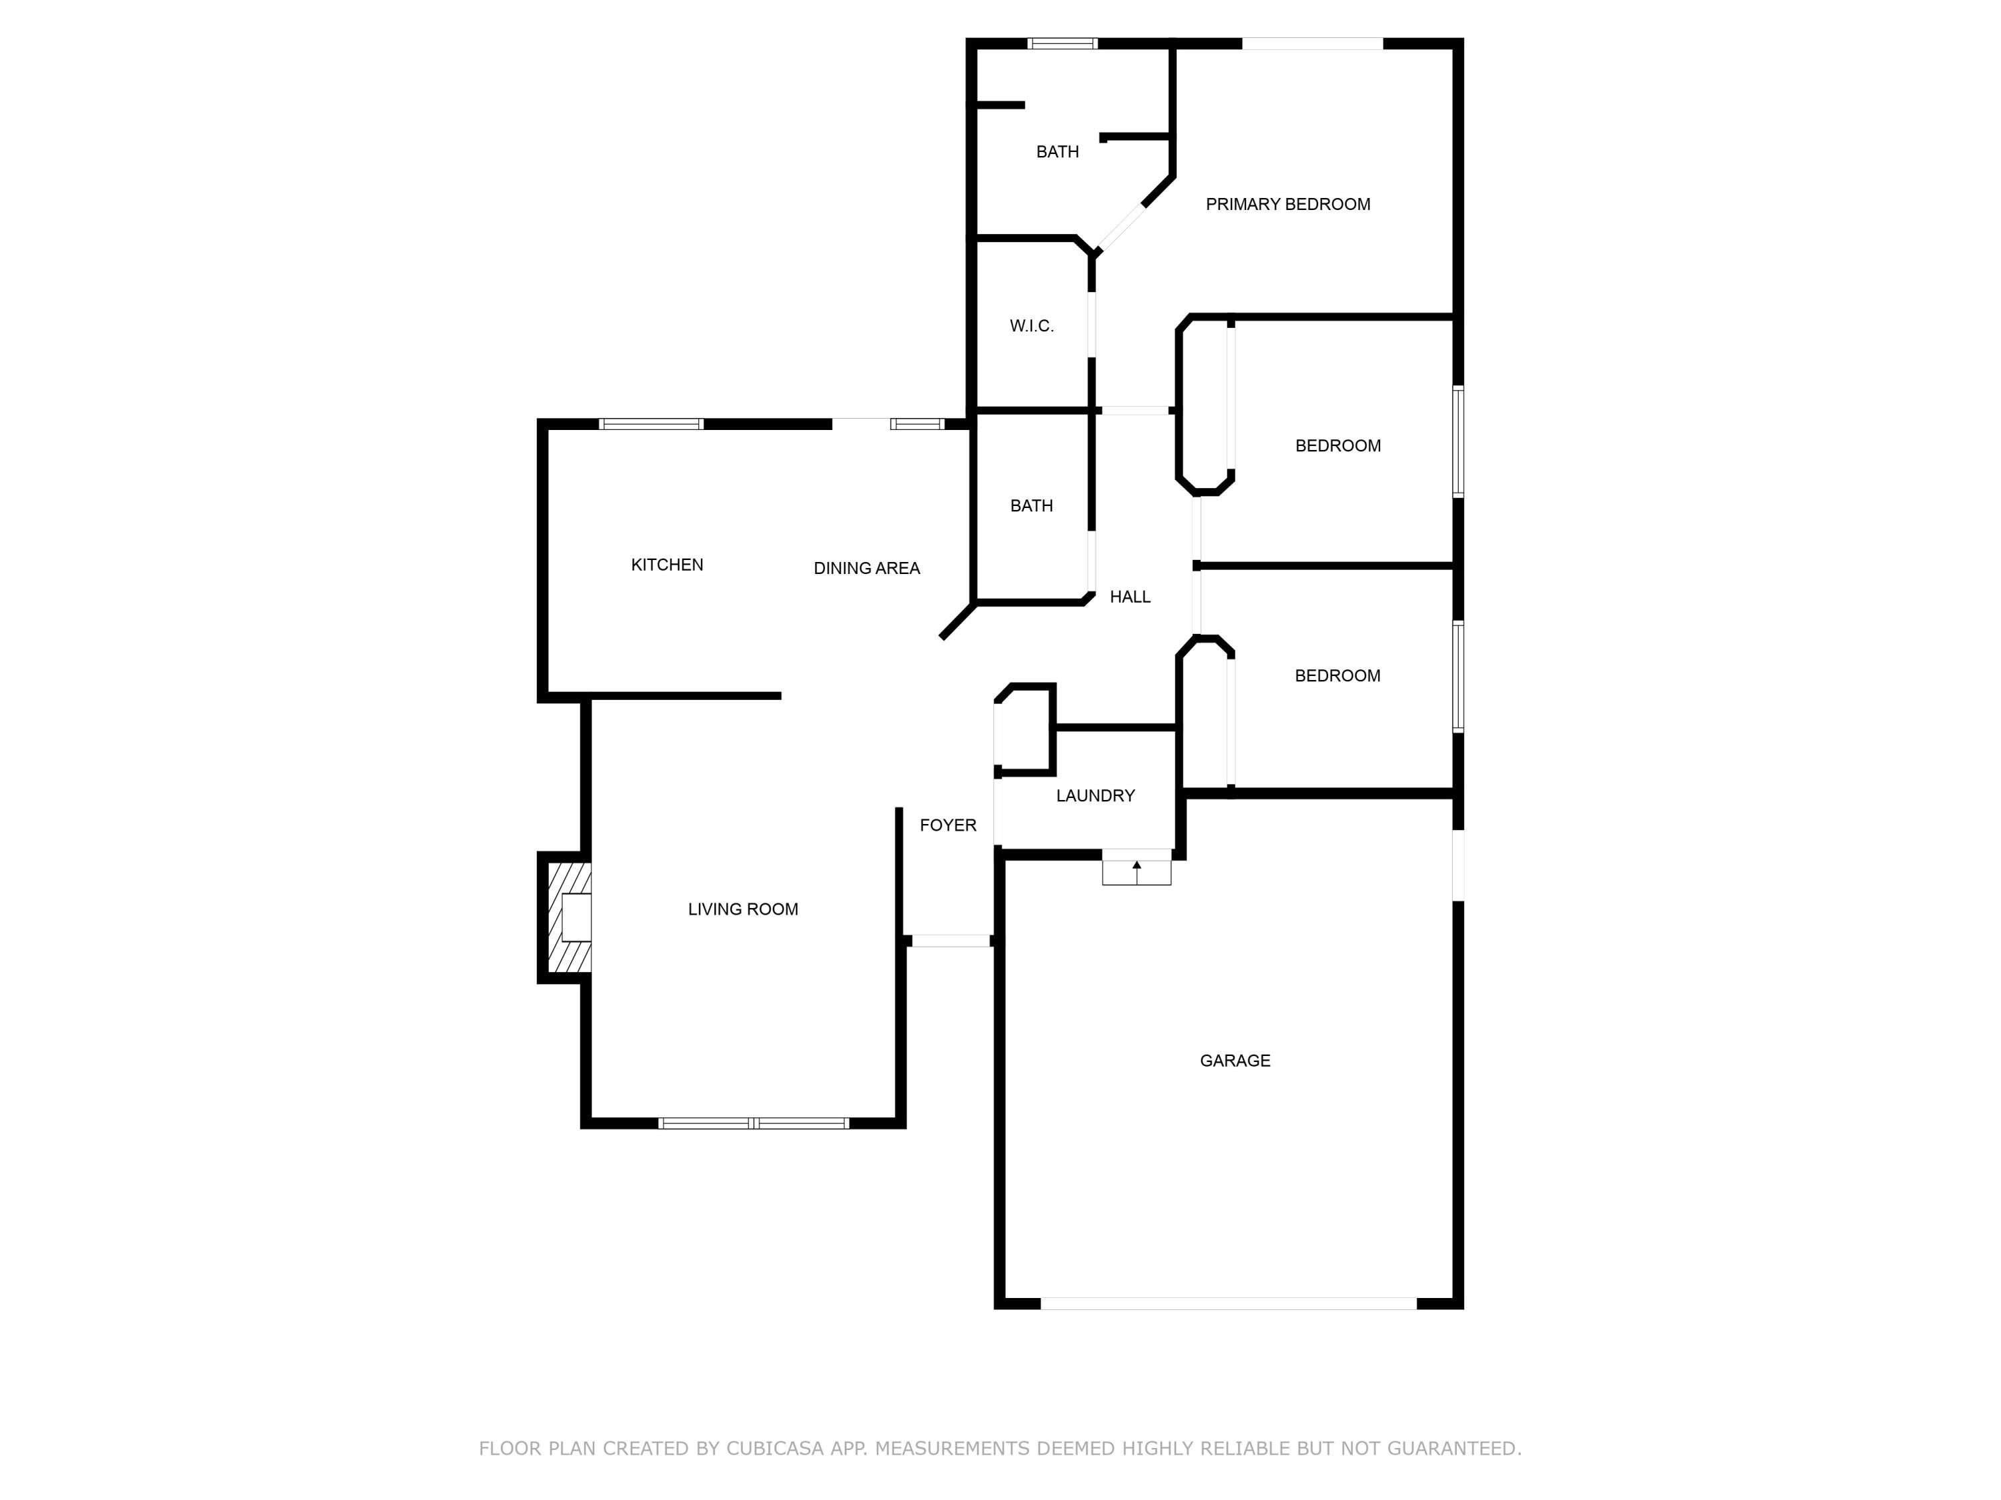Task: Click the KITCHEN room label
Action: click(x=667, y=565)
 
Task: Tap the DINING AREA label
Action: click(x=866, y=569)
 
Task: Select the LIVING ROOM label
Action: click(x=742, y=909)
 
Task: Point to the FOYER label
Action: click(x=948, y=825)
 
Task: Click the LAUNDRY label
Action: click(x=1095, y=795)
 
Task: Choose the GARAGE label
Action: click(x=1235, y=1061)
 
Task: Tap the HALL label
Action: click(x=1130, y=597)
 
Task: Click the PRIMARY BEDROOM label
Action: click(x=1287, y=205)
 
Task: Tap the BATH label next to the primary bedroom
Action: click(x=1057, y=152)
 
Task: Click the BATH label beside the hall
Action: click(x=1031, y=506)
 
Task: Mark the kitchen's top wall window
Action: click(x=651, y=424)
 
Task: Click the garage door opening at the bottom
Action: click(x=1229, y=1304)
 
